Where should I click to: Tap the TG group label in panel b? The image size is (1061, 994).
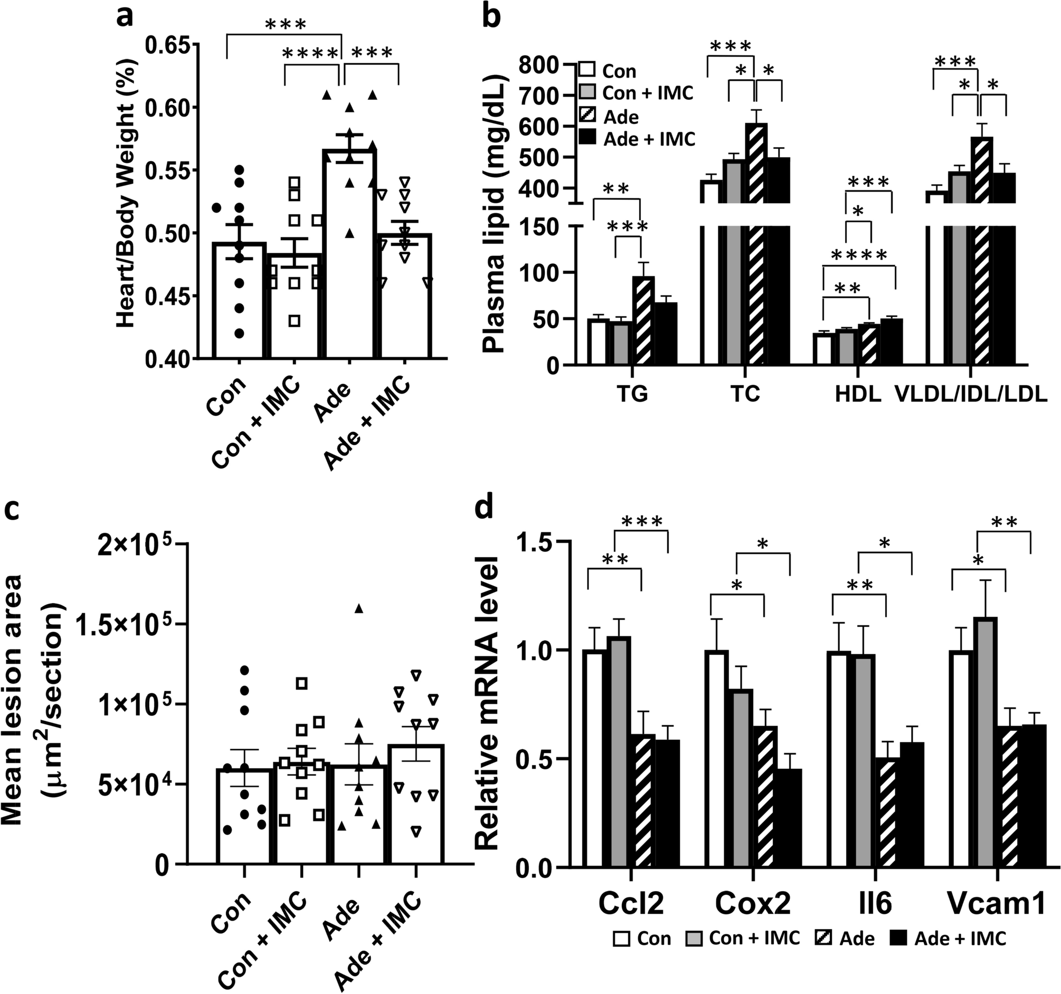tap(632, 394)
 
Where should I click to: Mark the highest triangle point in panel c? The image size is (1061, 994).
tap(358, 609)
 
